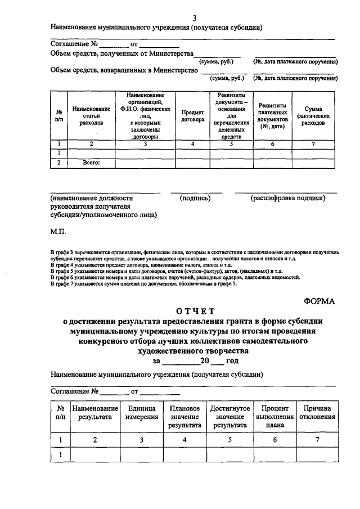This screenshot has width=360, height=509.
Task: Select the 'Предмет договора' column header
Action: pos(192,116)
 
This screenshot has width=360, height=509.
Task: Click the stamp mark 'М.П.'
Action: pos(58,231)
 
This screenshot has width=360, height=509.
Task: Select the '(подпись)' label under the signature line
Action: pos(195,198)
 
